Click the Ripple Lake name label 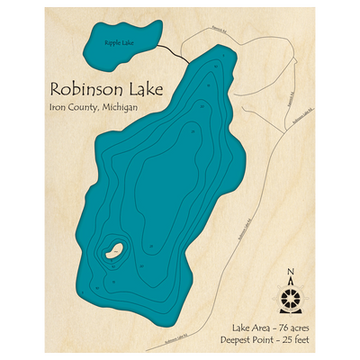[118, 42]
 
